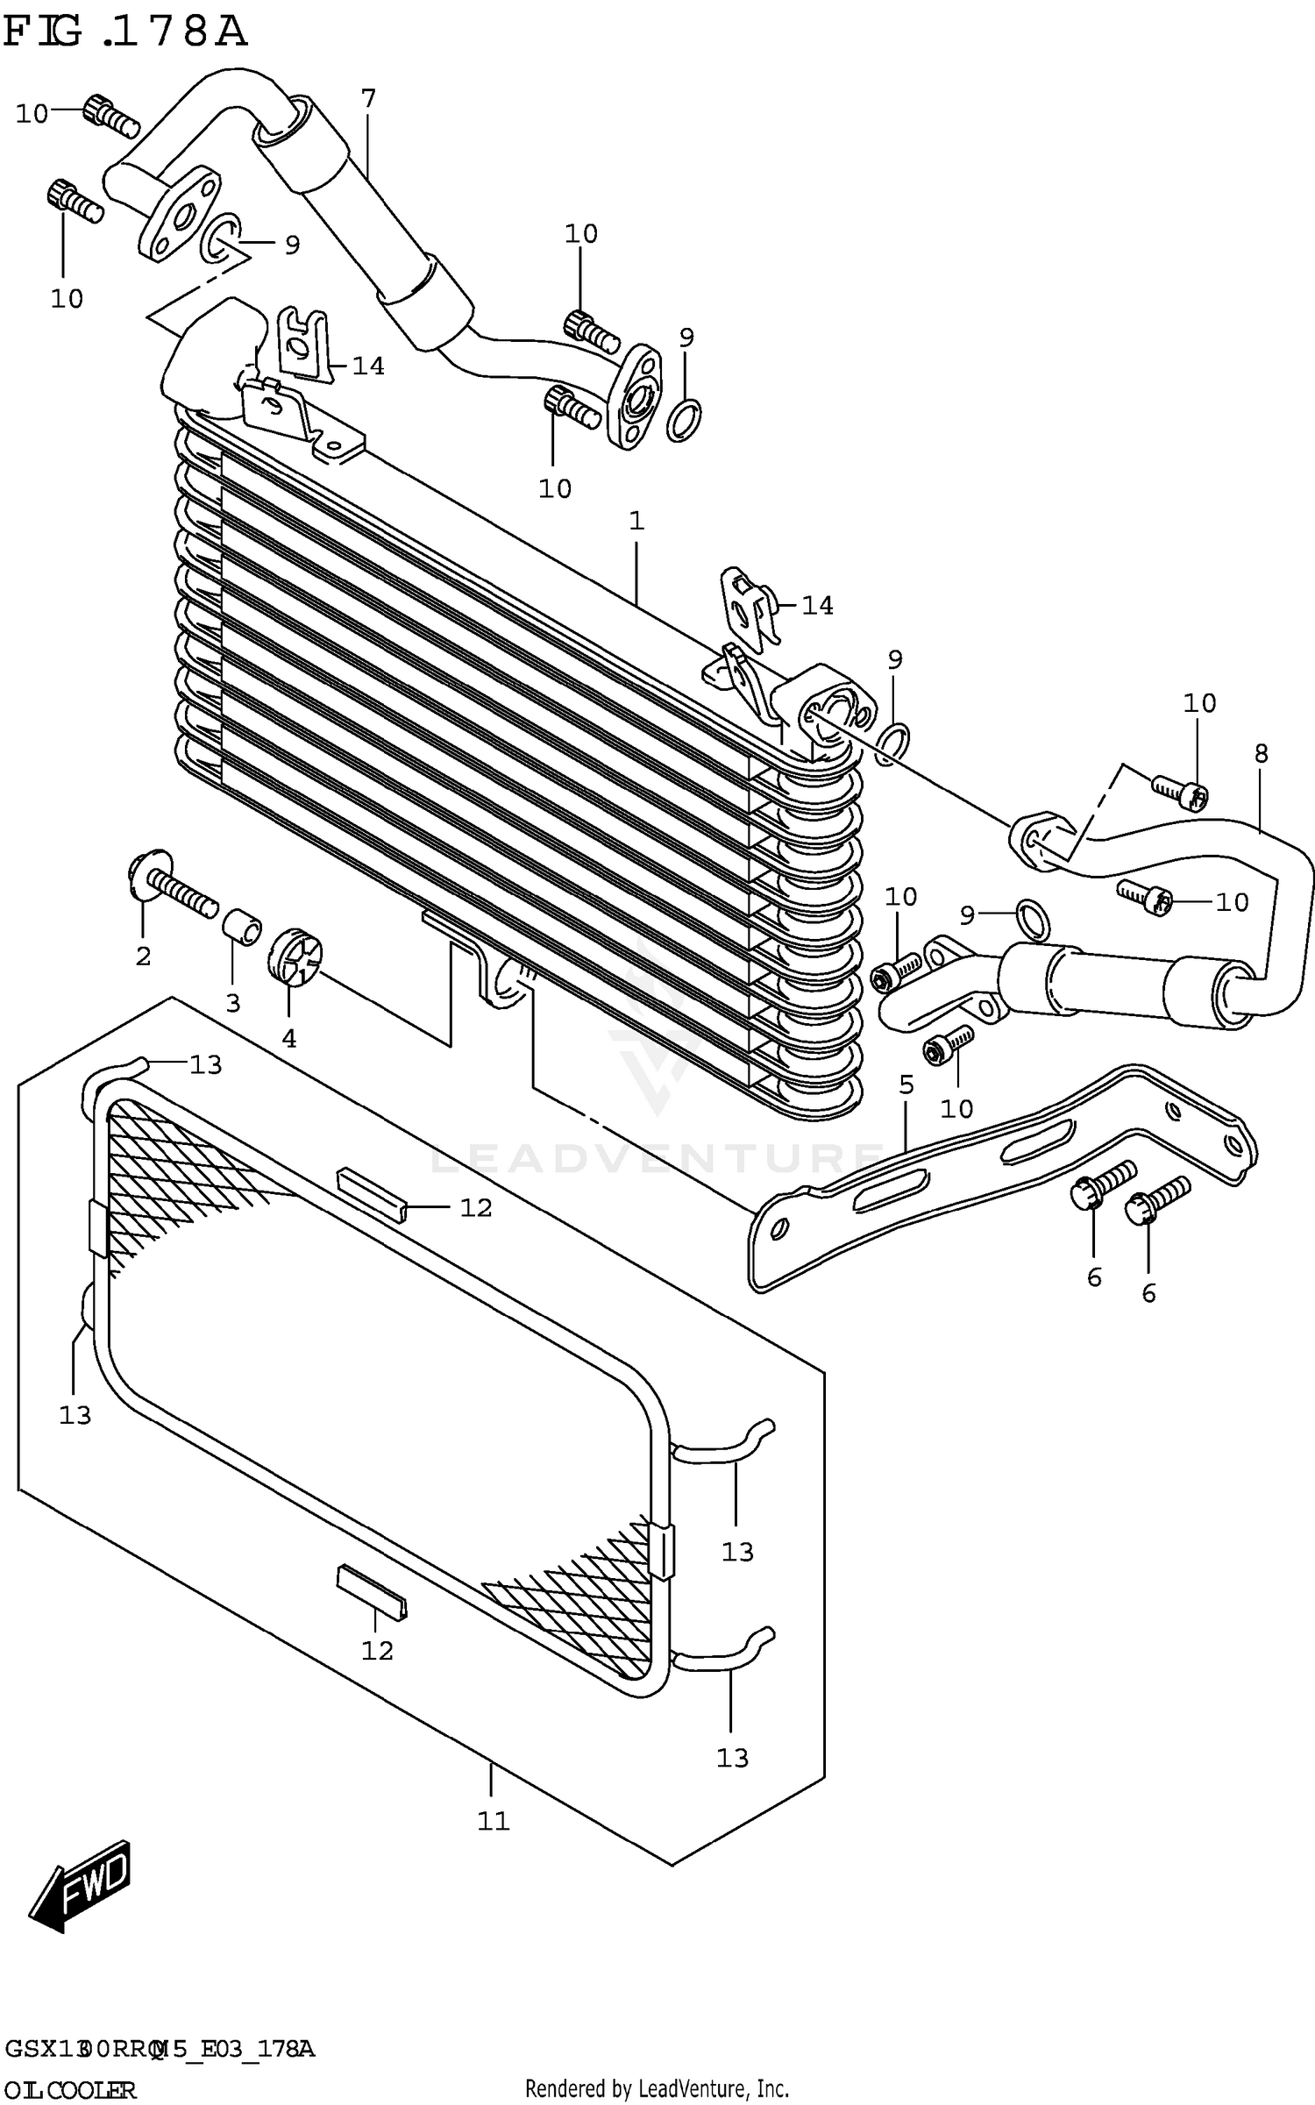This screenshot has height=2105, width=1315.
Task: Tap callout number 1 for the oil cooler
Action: pos(636,521)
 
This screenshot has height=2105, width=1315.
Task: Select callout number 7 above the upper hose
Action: pos(368,98)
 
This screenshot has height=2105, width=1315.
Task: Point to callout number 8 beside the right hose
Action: pos(1261,753)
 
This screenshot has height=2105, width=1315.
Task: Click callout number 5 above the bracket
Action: pos(906,1085)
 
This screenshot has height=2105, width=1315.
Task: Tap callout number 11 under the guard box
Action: pos(493,1821)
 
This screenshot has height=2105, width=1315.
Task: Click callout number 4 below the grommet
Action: pos(289,1038)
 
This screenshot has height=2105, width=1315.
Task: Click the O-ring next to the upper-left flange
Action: pos(223,238)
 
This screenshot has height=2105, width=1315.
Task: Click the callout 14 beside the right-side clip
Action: pos(817,605)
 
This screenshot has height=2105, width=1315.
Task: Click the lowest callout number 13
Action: pos(732,1758)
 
